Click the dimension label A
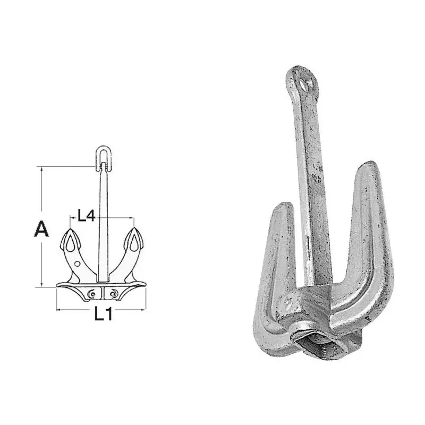pos(41,229)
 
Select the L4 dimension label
pos(87,216)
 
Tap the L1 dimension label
pos(103,314)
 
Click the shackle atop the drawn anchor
pos(104,158)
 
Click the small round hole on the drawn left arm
pos(77,263)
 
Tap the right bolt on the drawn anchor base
pos(113,294)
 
